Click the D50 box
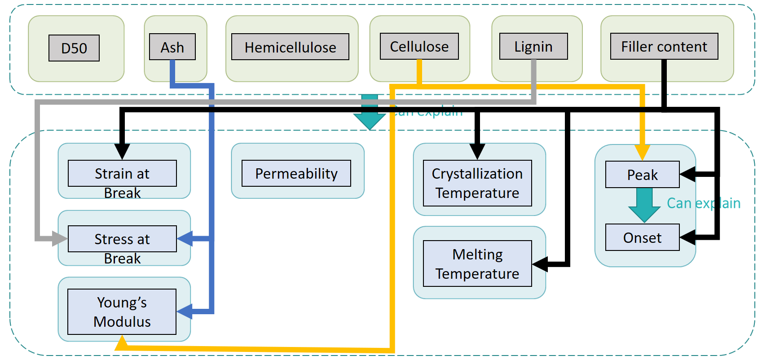[74, 48]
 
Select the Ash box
[172, 47]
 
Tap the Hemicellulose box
[290, 47]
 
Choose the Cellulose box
[419, 46]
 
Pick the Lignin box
[533, 46]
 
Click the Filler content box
[664, 46]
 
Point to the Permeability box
[296, 173]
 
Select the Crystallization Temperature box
[477, 183]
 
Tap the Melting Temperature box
[477, 263]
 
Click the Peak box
[642, 175]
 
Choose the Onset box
[642, 237]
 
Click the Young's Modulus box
[122, 312]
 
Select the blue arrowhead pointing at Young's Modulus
[185, 311]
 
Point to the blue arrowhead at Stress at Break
[185, 238]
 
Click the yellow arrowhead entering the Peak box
[642, 152]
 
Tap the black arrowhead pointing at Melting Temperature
[540, 264]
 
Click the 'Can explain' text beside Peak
[703, 203]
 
